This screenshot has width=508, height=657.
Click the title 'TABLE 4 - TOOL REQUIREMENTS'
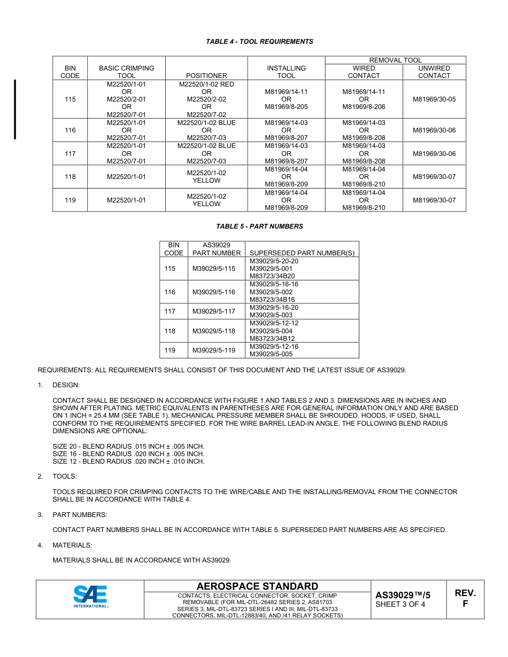point(259,42)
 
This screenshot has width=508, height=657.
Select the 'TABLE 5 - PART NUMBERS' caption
point(259,226)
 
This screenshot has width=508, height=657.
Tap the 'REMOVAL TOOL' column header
point(395,60)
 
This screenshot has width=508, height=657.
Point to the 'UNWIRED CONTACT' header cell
point(434,72)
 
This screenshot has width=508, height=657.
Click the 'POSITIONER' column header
point(206,76)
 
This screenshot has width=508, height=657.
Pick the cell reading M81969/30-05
point(434,99)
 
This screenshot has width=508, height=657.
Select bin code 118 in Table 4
point(70,177)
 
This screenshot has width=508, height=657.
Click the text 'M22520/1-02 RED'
point(206,84)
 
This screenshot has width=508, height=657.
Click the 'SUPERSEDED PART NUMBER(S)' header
point(302,253)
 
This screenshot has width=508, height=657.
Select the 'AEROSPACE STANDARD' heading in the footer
point(257,586)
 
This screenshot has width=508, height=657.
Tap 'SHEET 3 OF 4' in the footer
point(401,605)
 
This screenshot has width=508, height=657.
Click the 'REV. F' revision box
point(465,599)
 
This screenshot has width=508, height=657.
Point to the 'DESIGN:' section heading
point(66,385)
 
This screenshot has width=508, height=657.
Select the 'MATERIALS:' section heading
point(72,545)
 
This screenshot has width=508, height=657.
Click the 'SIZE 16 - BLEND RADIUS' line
point(128,454)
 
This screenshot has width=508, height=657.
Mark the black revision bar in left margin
point(15,109)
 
